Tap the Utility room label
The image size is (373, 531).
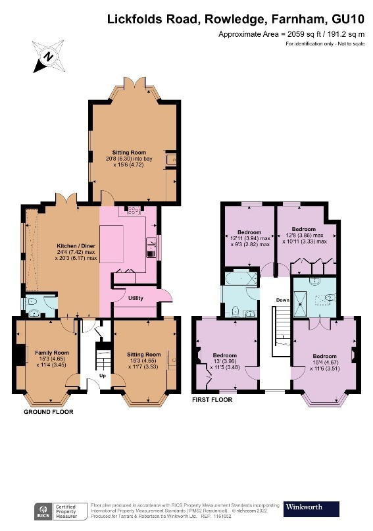pyautogui.click(x=136, y=298)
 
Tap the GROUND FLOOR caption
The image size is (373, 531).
pyautogui.click(x=49, y=412)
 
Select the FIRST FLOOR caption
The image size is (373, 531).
pyautogui.click(x=213, y=399)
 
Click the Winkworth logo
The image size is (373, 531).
pyautogui.click(x=311, y=508)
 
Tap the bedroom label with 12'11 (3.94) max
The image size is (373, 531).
pyautogui.click(x=249, y=238)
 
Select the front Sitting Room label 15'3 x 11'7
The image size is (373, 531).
pyautogui.click(x=143, y=359)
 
